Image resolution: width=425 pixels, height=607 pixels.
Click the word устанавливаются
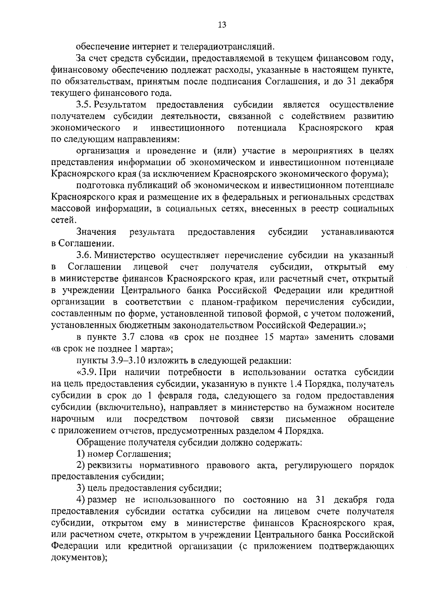(x=357, y=232)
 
